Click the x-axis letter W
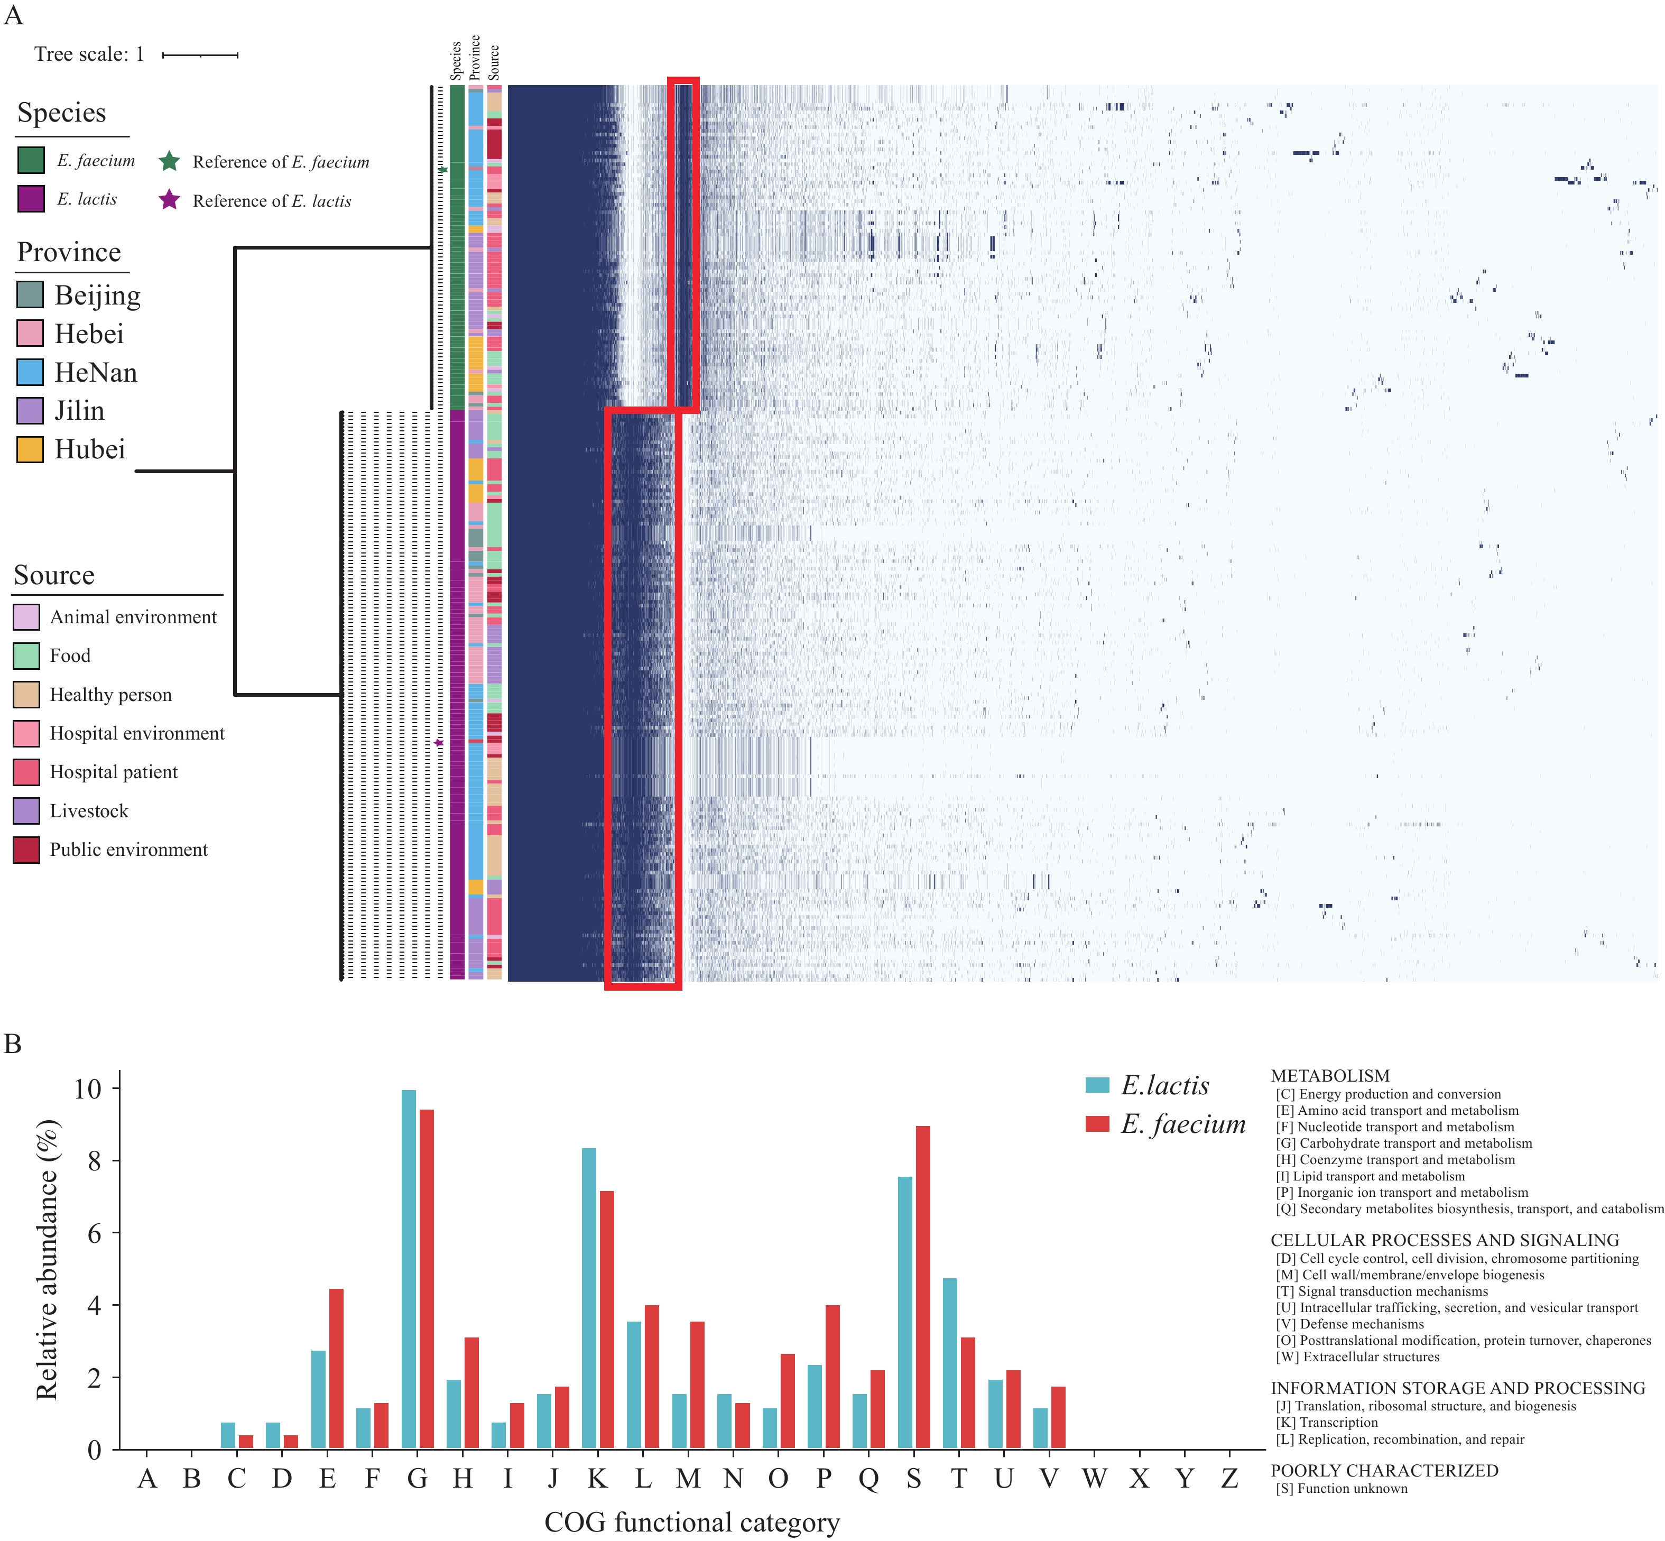pos(1094,1479)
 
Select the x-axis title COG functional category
pos(692,1522)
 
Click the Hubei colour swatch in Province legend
pos(30,449)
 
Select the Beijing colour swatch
pos(30,295)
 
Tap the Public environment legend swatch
pos(26,850)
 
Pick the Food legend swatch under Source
pos(26,656)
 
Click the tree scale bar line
pos(200,55)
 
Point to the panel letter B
pos(13,1044)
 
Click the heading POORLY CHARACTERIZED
pos(1384,1471)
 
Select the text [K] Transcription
pos(1327,1423)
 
